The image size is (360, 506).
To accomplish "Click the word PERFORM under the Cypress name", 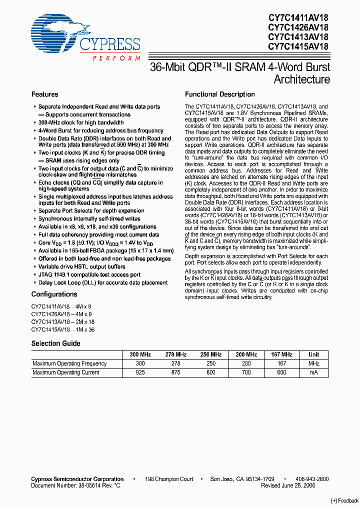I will tap(116, 58).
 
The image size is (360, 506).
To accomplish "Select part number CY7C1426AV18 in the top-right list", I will tap(298, 27).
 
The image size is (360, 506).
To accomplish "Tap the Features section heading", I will tap(44, 94).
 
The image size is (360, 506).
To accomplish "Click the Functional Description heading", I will tap(219, 94).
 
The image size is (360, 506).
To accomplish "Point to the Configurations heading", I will tap(54, 294).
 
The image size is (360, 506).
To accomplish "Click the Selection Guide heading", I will tap(55, 343).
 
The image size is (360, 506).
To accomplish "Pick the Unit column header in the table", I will tap(313, 354).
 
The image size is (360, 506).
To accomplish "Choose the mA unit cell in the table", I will tap(313, 372).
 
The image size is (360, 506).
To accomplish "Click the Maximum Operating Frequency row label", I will tap(69, 363).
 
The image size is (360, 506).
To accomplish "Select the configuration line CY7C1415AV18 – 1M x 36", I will tap(62, 330).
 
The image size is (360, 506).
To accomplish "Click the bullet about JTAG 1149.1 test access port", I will tap(89, 274).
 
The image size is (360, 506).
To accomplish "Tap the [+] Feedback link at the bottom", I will tap(345, 501).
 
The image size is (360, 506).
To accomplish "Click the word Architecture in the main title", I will tap(301, 79).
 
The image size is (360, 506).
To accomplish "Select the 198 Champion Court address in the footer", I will tap(169, 479).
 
